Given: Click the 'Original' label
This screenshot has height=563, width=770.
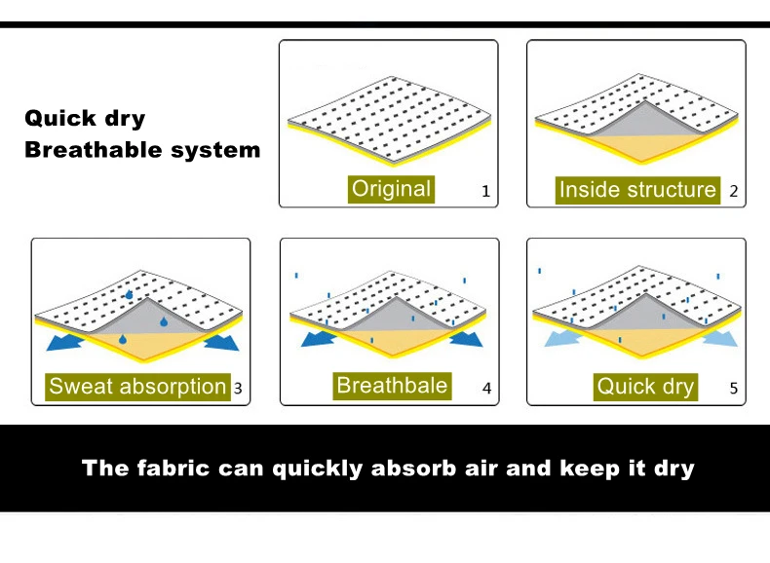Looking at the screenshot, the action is pos(392,189).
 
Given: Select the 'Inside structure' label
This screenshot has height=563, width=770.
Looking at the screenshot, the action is pos(637,190).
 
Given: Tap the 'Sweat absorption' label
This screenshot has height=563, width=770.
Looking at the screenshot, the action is pos(137,387).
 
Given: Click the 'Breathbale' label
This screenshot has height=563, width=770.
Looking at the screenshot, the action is pos(392,386).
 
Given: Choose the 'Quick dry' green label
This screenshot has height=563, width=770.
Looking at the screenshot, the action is pos(645,387).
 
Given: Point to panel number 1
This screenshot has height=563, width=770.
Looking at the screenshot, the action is pos(485,191).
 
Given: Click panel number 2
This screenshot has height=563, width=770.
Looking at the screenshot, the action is pos(734,191).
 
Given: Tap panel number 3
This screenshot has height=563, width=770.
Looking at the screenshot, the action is pos(238,389).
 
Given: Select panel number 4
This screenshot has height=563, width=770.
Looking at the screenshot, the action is pos(486,389).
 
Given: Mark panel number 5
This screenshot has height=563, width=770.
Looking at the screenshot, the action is pos(734,389).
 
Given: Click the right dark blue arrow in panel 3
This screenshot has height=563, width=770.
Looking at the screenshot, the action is pos(222,342).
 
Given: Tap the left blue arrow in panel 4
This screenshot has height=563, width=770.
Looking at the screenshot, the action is pos(318,339).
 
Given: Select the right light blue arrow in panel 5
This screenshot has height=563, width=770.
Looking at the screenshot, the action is pos(720,338).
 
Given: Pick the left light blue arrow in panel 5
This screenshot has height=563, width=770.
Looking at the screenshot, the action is pos(562,338).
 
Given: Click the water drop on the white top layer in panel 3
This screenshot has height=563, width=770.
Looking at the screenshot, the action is pos(129,294).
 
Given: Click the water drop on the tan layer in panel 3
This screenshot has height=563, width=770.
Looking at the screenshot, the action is pos(122,339).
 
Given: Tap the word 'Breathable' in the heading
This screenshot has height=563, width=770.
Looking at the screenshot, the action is pos(94,150).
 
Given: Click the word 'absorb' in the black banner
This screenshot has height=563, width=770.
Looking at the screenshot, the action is pos(414,468).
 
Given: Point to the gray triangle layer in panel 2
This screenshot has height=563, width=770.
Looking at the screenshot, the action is pos(645,122).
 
